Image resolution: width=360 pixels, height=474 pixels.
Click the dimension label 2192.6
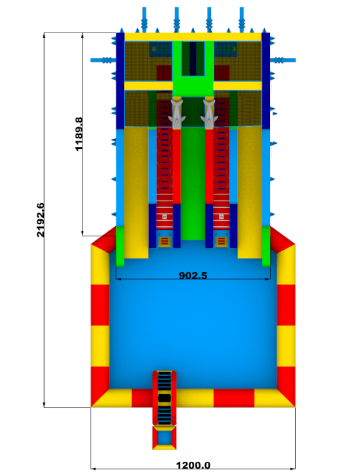click(x=41, y=220)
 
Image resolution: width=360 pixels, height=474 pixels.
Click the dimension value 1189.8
click(x=78, y=134)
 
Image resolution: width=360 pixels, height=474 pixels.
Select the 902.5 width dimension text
click(x=193, y=276)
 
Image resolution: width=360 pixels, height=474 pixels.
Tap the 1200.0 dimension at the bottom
click(x=193, y=465)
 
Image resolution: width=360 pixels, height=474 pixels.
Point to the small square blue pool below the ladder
click(x=164, y=437)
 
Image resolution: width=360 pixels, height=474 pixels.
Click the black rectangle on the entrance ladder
click(x=164, y=398)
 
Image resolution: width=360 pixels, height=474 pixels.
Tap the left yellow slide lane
click(x=136, y=192)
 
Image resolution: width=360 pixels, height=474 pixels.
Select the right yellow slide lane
click(x=250, y=192)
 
